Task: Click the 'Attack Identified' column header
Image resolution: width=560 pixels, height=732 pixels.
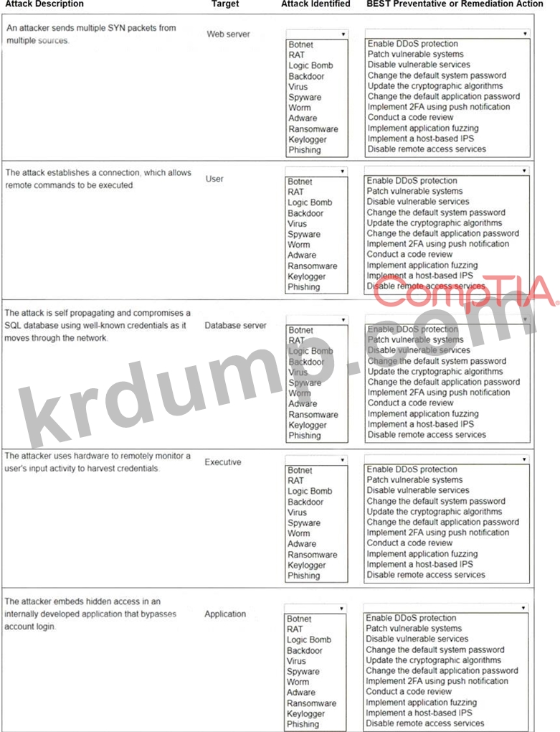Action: [x=315, y=4]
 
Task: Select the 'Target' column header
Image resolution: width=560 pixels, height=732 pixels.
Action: [x=225, y=4]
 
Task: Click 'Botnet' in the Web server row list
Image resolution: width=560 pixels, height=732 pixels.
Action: [x=300, y=44]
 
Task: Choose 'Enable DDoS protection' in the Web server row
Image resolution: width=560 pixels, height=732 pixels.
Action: [x=412, y=44]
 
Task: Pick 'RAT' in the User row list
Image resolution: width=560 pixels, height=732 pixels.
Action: [x=295, y=192]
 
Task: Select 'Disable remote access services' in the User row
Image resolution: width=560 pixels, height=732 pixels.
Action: [x=426, y=286]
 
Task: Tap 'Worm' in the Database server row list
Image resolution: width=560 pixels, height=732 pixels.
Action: [x=300, y=393]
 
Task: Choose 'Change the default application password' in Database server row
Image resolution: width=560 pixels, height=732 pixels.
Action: [x=443, y=383]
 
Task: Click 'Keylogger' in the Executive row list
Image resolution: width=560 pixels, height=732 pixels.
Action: [x=306, y=565]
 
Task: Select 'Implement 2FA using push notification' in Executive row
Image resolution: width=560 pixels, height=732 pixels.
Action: [x=438, y=532]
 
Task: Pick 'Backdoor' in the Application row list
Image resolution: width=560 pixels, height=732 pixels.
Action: [x=305, y=650]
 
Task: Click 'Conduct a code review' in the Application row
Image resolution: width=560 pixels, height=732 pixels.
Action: [x=409, y=692]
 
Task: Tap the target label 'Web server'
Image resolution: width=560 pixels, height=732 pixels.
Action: [x=228, y=34]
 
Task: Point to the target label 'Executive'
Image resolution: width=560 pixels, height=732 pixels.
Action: [x=223, y=462]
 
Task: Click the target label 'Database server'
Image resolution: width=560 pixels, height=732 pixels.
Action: [x=235, y=325]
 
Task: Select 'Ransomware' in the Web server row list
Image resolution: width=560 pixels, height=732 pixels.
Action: [x=313, y=129]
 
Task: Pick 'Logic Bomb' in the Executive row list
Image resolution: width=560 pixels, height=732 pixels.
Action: [x=310, y=491]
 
